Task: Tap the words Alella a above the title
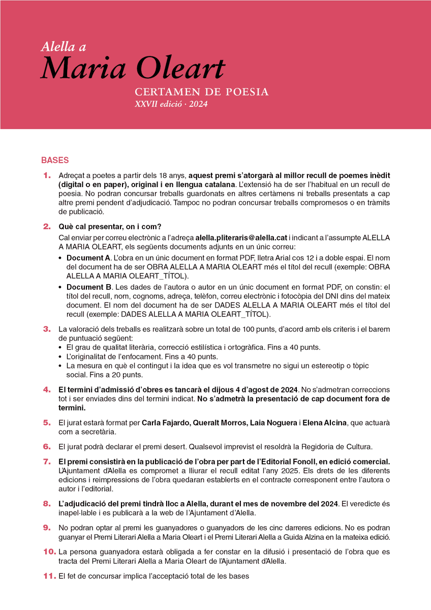64,47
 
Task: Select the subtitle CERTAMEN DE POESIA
201,93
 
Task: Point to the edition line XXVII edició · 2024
171,104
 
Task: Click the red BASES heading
55,160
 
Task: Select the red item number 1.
47,175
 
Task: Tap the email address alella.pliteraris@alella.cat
241,237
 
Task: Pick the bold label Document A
89,258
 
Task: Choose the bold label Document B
89,288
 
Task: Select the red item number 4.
47,390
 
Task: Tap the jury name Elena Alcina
325,422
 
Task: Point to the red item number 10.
49,552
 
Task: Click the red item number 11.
49,576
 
